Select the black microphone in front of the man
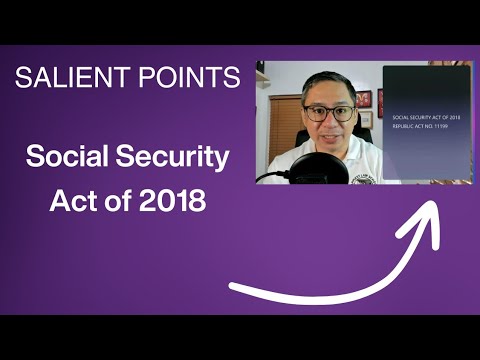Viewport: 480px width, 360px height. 317,165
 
